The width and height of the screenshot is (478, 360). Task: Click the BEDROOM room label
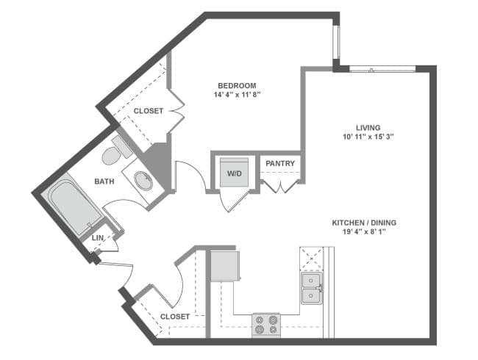[x=236, y=86]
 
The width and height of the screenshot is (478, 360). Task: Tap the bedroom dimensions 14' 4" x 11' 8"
[x=236, y=96]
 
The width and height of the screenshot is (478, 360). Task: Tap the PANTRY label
[x=279, y=164]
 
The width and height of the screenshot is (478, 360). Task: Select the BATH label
[x=104, y=181]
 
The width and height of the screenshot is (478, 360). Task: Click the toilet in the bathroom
[x=113, y=153]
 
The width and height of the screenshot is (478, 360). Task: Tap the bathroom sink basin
[x=144, y=180]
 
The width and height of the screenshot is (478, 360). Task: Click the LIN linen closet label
[x=98, y=238]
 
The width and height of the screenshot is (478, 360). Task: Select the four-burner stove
[x=266, y=324]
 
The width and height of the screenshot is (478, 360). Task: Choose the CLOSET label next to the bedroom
[x=149, y=111]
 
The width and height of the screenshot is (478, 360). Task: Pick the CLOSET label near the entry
[x=175, y=317]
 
